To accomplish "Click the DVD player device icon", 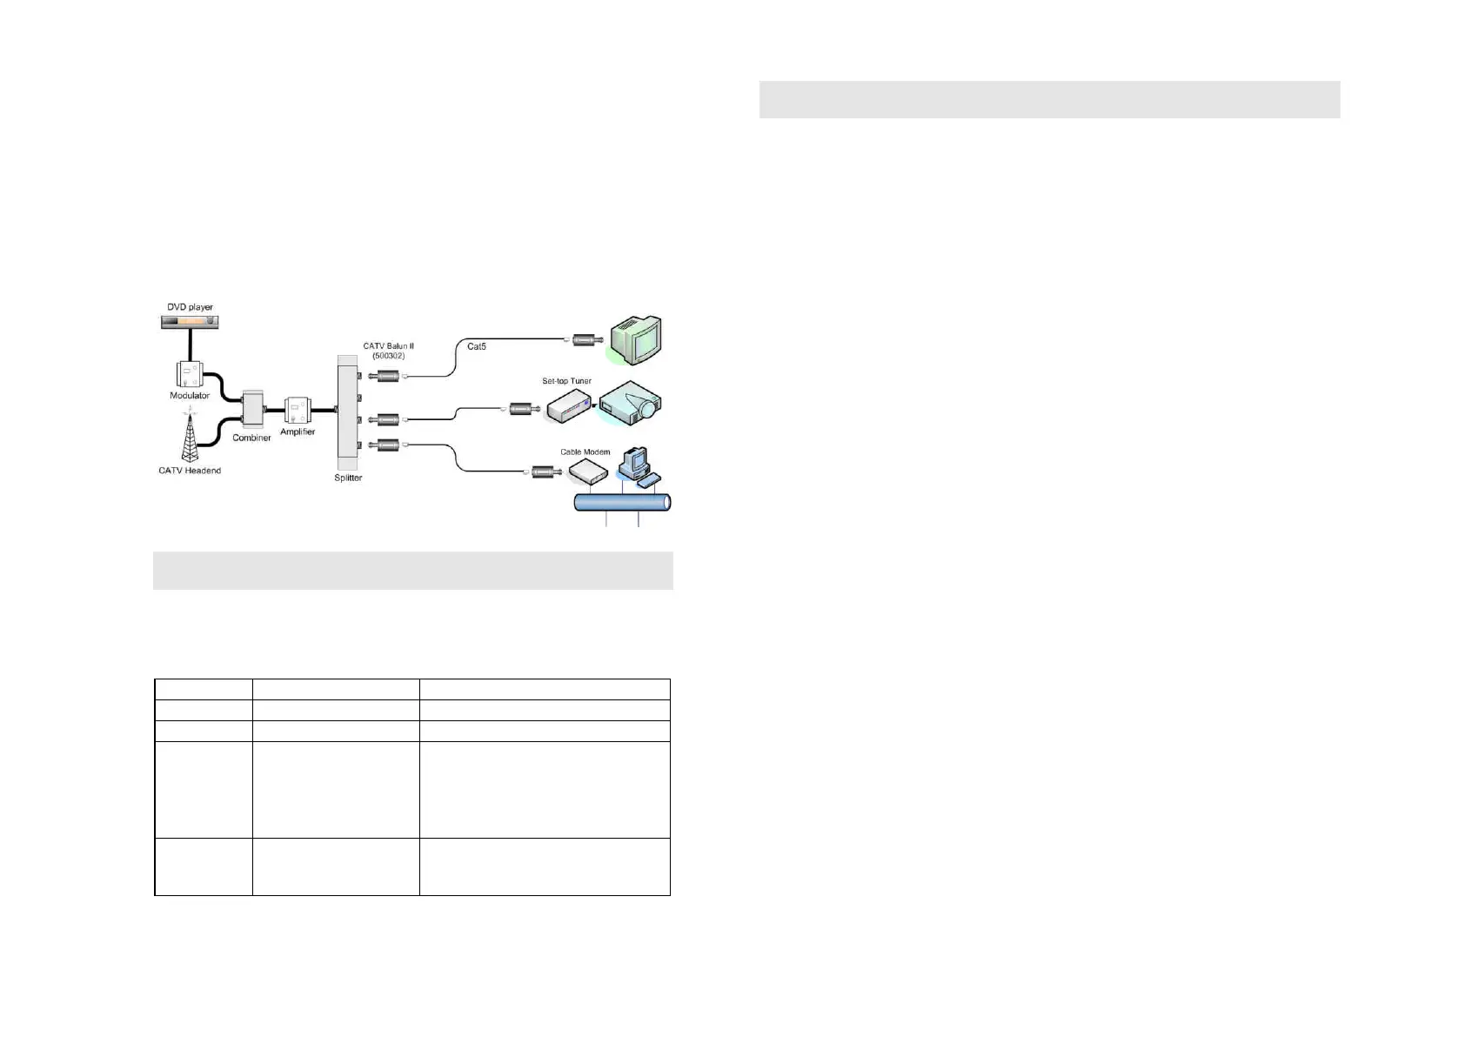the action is [x=190, y=322].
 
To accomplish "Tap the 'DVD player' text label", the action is [x=190, y=307].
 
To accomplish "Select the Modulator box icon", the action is [x=189, y=374].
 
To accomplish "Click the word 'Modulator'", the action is [x=190, y=396].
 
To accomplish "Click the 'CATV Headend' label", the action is [x=190, y=471].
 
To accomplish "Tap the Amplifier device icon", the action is [x=297, y=410].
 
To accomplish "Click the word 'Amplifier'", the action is [x=298, y=432].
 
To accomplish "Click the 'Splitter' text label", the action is [x=348, y=478].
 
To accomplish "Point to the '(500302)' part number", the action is [x=388, y=356].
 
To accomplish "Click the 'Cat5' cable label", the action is [x=477, y=346].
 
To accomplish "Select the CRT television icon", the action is [x=636, y=340].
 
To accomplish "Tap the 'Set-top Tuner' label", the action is [x=566, y=381].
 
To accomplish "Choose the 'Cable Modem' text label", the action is [x=585, y=452].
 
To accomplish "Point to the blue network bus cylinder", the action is [x=623, y=502].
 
